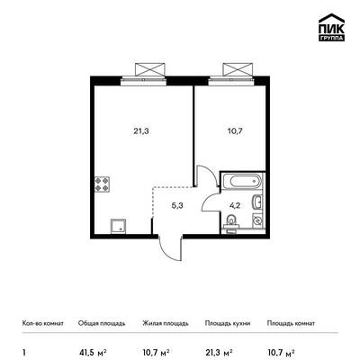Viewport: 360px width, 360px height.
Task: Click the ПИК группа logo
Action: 331,27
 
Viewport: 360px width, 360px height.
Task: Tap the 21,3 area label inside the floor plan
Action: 141,131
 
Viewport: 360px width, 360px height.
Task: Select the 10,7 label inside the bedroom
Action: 235,131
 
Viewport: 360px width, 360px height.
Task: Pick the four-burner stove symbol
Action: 102,184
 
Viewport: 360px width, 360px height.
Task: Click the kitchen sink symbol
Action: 119,226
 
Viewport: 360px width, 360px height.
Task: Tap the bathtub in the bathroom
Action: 243,182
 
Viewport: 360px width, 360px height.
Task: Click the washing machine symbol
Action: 257,220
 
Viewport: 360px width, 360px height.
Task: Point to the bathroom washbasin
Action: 257,202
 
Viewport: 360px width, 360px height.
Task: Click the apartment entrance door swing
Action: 172,248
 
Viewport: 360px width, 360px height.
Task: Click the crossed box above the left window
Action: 150,69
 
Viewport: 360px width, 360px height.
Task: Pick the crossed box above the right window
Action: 238,69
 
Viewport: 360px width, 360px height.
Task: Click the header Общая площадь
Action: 102,323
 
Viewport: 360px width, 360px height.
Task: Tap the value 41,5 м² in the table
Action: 93,352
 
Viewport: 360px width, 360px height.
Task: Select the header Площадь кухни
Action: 228,323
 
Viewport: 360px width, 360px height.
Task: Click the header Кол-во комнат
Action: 43,323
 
